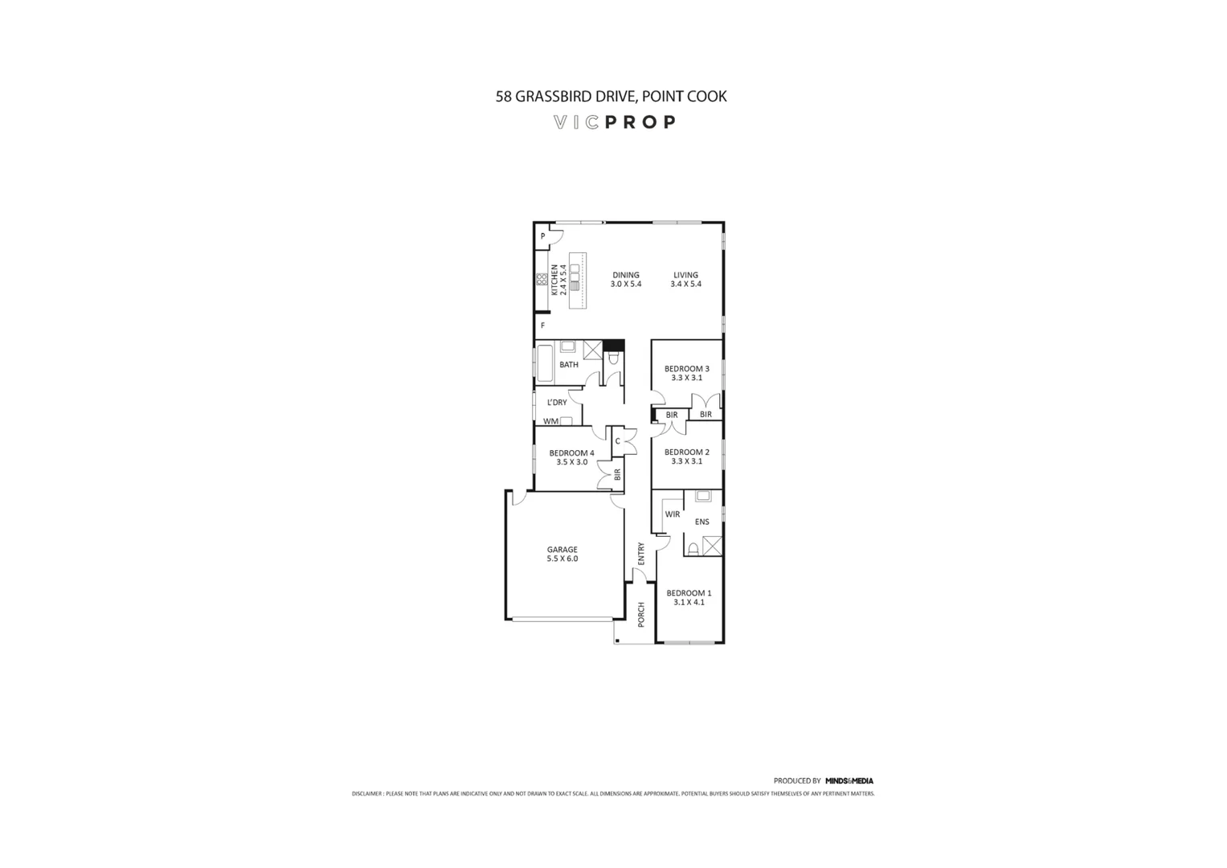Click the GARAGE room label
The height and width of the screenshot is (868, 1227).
pyautogui.click(x=562, y=550)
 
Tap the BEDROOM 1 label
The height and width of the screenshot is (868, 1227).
pyautogui.click(x=689, y=593)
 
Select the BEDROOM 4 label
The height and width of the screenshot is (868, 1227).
pyautogui.click(x=571, y=452)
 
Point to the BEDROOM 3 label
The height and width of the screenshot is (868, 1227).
pyautogui.click(x=686, y=369)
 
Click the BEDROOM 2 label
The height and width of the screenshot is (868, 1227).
pyautogui.click(x=686, y=452)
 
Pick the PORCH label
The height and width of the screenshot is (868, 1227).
pyautogui.click(x=641, y=614)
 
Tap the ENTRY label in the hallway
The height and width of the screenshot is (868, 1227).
pyautogui.click(x=641, y=553)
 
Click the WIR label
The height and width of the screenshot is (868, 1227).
pyautogui.click(x=673, y=514)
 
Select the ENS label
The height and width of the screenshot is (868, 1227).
pyautogui.click(x=702, y=522)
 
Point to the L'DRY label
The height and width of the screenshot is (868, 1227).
pyautogui.click(x=557, y=403)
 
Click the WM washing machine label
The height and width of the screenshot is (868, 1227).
pyautogui.click(x=550, y=421)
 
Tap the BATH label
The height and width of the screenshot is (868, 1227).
pyautogui.click(x=569, y=365)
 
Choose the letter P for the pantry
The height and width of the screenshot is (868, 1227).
pyautogui.click(x=543, y=236)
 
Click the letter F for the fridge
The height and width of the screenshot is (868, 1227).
pyautogui.click(x=543, y=325)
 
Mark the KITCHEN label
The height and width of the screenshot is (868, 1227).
pyautogui.click(x=554, y=279)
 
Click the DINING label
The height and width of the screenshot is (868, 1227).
pyautogui.click(x=626, y=275)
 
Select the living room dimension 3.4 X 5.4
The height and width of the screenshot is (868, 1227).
pyautogui.click(x=686, y=284)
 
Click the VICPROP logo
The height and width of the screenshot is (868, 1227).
pyautogui.click(x=615, y=122)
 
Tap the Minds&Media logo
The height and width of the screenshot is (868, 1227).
pyautogui.click(x=849, y=780)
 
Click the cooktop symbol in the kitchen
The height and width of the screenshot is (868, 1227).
pyautogui.click(x=542, y=279)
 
